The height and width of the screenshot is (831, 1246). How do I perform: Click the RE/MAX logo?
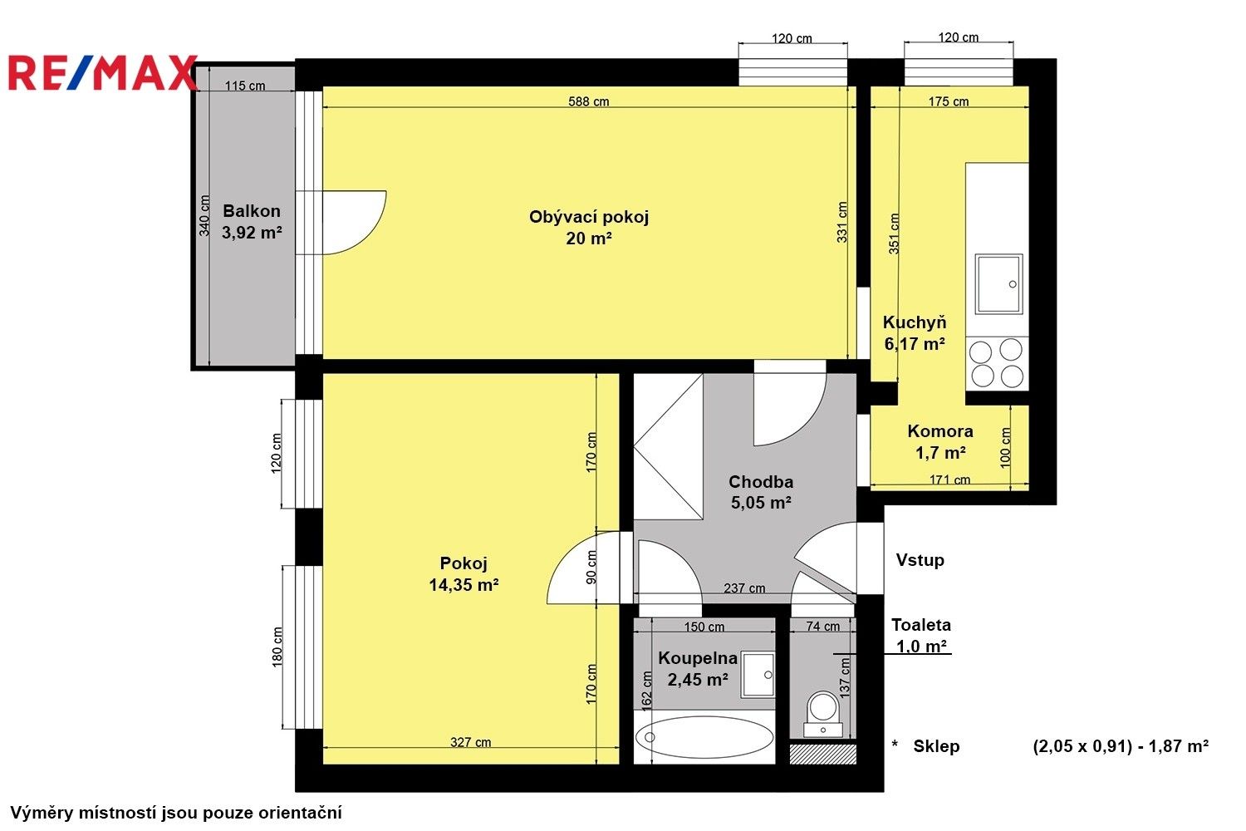tap(101, 73)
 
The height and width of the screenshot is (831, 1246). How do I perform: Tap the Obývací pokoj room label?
tap(588, 217)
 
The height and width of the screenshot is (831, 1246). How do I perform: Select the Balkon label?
tap(251, 211)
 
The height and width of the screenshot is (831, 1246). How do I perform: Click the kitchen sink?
tap(998, 283)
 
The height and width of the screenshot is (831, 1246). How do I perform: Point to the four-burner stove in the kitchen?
tap(997, 362)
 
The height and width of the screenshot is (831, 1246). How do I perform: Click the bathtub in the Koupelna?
tap(704, 736)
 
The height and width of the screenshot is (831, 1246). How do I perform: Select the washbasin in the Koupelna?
tap(758, 674)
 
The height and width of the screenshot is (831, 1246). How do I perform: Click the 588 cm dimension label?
tap(588, 101)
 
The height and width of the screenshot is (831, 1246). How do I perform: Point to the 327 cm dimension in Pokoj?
tap(470, 742)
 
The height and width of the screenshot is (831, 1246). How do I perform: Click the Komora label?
tap(939, 431)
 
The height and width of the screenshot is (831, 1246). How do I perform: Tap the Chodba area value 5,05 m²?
tap(760, 503)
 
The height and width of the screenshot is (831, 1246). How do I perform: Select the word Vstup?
tap(920, 560)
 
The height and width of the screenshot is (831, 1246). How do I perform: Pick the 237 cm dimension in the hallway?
tap(744, 588)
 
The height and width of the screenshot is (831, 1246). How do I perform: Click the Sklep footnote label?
tap(936, 746)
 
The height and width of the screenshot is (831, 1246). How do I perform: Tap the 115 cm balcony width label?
tap(245, 86)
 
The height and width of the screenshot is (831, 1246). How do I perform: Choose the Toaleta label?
tap(920, 625)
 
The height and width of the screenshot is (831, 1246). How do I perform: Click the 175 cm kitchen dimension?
tap(949, 101)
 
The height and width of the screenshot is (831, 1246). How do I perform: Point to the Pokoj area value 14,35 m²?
tap(464, 585)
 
